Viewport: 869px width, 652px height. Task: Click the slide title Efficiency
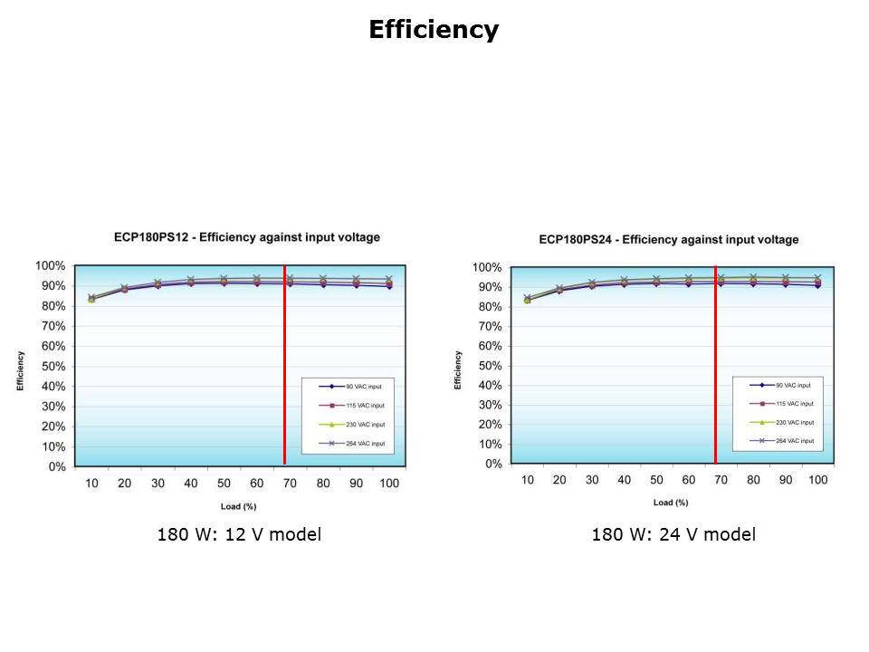[x=434, y=30]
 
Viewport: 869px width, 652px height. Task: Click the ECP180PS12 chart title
[x=246, y=237]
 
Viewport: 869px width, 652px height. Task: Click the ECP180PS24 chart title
[x=669, y=240]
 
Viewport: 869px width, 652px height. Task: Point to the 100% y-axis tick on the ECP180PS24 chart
[x=489, y=267]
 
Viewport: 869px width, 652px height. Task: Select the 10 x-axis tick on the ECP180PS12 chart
[x=91, y=484]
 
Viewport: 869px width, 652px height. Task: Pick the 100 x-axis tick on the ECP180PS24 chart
[x=817, y=480]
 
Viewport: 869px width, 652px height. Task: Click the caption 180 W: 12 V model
[x=239, y=535]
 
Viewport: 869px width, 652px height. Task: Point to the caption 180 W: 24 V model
[x=673, y=535]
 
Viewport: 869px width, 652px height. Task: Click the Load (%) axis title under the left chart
[x=239, y=506]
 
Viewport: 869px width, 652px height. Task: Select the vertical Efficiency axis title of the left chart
[x=20, y=371]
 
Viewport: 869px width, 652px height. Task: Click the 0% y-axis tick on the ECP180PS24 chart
[x=494, y=464]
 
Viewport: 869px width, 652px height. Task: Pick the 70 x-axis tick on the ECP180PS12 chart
[x=290, y=484]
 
